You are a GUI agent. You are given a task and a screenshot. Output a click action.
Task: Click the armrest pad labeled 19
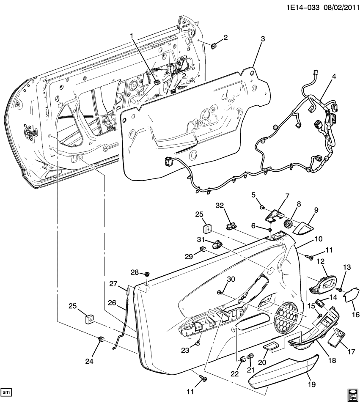(x=281, y=372)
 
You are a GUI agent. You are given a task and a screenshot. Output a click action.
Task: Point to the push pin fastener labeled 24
(x=102, y=339)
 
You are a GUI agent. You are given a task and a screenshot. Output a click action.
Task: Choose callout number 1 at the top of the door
(x=132, y=36)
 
